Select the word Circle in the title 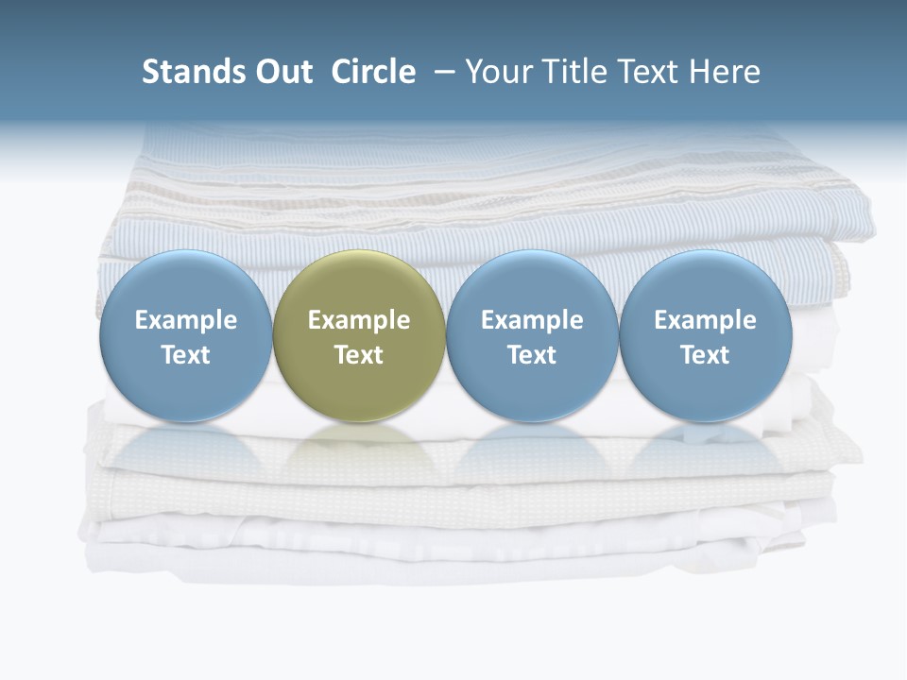pos(373,72)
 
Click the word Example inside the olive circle pos(359,320)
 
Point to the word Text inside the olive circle pos(359,355)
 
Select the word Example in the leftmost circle pos(185,320)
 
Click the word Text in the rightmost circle pos(705,355)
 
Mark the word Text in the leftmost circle pos(185,355)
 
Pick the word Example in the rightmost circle pos(705,320)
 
